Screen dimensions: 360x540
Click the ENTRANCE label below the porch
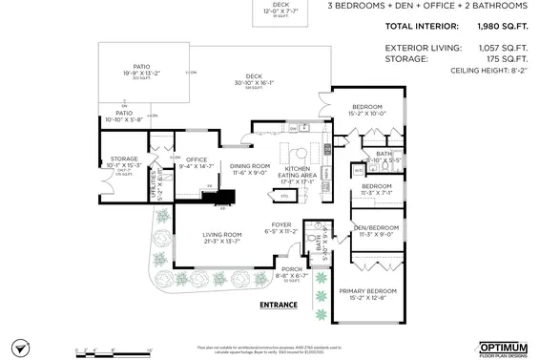click(x=279, y=306)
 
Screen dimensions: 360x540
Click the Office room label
click(x=197, y=162)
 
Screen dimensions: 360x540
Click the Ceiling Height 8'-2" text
click(x=486, y=71)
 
